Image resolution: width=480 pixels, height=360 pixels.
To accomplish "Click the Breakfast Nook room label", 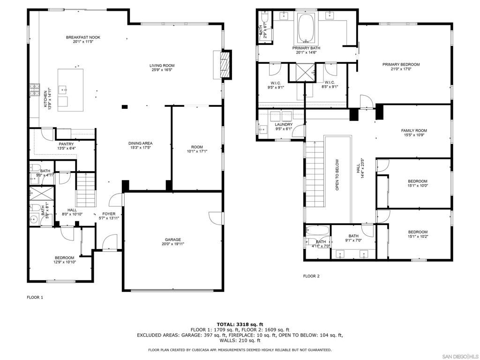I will (x=83, y=37).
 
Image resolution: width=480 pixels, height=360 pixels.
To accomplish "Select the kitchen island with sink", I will (x=70, y=90).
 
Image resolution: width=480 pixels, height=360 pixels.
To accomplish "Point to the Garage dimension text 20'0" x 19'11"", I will (x=172, y=244).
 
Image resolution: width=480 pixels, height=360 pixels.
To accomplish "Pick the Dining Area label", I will (x=141, y=143).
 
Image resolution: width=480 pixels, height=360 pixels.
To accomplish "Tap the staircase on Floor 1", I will (x=85, y=187).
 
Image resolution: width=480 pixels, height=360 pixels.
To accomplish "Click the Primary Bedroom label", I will (x=401, y=65).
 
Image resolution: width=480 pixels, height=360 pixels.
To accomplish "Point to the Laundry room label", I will (x=284, y=124).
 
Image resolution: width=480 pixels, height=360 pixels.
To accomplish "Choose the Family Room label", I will (x=414, y=131).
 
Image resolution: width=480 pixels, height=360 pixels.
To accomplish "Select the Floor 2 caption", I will (x=311, y=276).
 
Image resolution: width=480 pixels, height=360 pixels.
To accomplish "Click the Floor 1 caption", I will (x=35, y=297).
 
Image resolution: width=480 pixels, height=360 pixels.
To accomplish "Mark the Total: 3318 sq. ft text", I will (x=240, y=324).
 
